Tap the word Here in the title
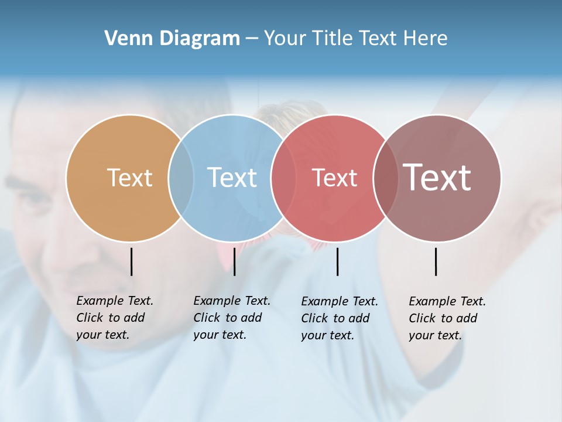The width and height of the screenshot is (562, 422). pyautogui.click(x=426, y=39)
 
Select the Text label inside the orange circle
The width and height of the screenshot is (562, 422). pyautogui.click(x=129, y=178)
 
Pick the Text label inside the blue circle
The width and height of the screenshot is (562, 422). pyautogui.click(x=232, y=178)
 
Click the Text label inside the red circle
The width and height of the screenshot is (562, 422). pyautogui.click(x=334, y=178)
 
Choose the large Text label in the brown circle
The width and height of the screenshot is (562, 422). pyautogui.click(x=437, y=178)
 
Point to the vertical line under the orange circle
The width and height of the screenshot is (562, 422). pyautogui.click(x=132, y=261)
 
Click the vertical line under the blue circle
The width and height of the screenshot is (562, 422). pyautogui.click(x=234, y=261)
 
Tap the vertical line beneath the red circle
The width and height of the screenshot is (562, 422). pyautogui.click(x=337, y=261)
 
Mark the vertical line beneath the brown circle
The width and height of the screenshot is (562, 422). pyautogui.click(x=436, y=261)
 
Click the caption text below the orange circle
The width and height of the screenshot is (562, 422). pyautogui.click(x=114, y=318)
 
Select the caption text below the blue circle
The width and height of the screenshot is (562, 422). pyautogui.click(x=231, y=318)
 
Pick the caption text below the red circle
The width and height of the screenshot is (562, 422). pyautogui.click(x=339, y=318)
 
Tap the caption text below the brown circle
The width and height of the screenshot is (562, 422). pyautogui.click(x=447, y=318)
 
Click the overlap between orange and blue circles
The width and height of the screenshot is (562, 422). pyautogui.click(x=181, y=178)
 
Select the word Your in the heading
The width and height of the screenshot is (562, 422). pyautogui.click(x=285, y=39)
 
